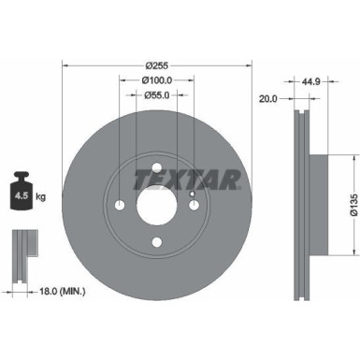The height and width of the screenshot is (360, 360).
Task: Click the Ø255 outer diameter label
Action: [x=157, y=66]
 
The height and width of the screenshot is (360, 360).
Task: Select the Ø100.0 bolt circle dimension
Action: [x=157, y=81]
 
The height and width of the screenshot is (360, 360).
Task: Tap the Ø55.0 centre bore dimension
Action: [x=157, y=96]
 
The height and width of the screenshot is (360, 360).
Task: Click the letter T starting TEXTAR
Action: [x=137, y=178]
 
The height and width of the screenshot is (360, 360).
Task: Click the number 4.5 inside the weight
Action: [x=20, y=196]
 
